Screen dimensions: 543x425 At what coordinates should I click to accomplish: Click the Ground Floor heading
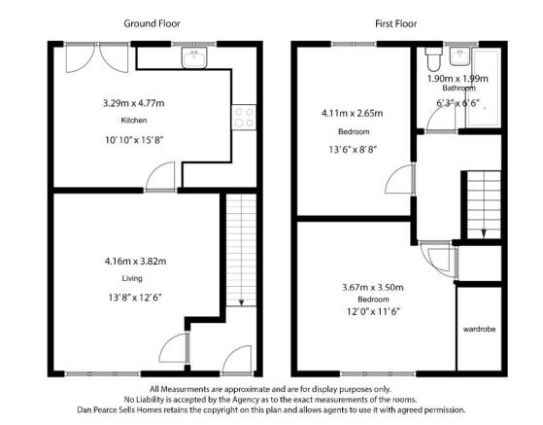click(153, 23)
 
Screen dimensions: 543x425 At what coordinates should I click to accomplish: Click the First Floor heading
click(395, 23)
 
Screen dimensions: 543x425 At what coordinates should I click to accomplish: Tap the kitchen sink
click(194, 57)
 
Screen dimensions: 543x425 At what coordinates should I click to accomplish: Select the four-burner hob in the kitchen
click(244, 117)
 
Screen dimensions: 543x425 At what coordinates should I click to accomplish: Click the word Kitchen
click(134, 121)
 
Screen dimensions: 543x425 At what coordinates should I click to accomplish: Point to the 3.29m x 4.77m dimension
click(134, 103)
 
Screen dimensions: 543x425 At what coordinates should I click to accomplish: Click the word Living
click(132, 278)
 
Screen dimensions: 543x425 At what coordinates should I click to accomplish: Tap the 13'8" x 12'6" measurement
click(135, 298)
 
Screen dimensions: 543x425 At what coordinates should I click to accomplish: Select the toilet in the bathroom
click(433, 59)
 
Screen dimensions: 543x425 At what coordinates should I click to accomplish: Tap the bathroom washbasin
click(459, 56)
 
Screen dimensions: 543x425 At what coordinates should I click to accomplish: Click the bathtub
click(485, 89)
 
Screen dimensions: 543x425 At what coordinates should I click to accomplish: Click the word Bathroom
click(458, 89)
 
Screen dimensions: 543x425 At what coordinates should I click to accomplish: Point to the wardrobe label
click(479, 329)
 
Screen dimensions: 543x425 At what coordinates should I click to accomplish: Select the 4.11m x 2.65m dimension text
click(353, 114)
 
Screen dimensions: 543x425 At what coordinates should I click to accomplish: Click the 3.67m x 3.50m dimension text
click(373, 287)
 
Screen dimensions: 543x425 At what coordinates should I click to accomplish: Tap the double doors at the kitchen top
click(97, 57)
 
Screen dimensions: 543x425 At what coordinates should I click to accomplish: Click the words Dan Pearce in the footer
click(96, 410)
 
